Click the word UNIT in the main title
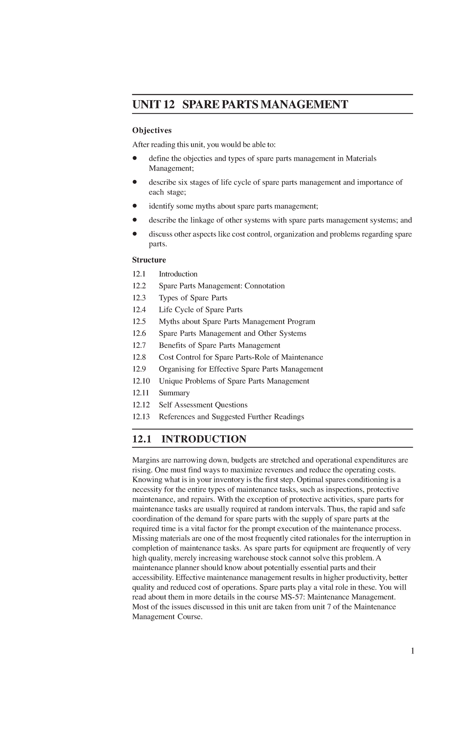point(145,104)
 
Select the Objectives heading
point(151,130)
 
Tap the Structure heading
point(149,260)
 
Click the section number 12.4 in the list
point(139,310)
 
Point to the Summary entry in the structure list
point(174,393)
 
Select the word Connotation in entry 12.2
point(264,286)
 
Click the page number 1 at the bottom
point(413,651)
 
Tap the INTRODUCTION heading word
point(204,439)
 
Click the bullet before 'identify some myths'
point(134,206)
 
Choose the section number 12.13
point(141,417)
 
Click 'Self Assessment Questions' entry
point(203,405)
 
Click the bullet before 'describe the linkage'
point(134,220)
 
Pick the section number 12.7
point(139,346)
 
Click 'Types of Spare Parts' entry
point(193,298)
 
